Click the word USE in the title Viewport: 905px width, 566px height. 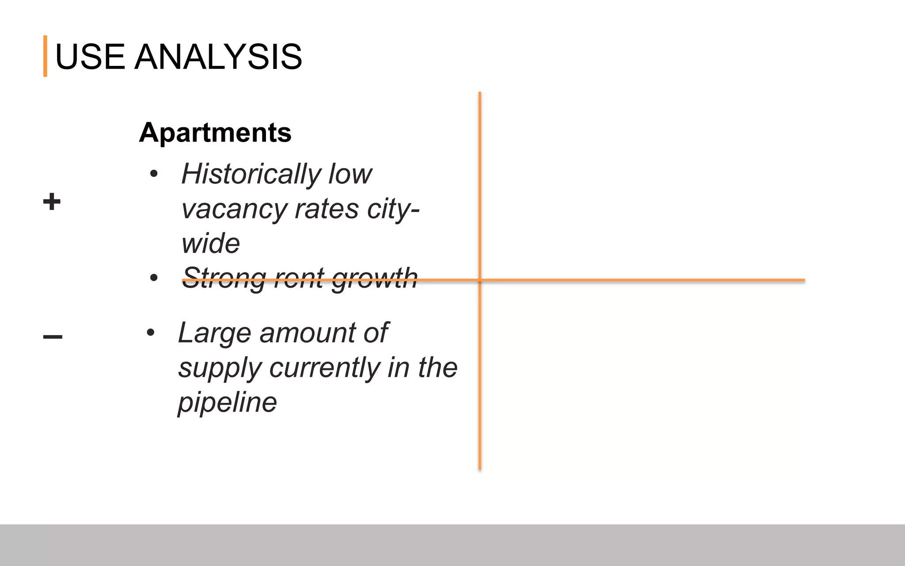point(90,57)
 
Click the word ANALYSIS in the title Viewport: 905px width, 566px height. point(218,57)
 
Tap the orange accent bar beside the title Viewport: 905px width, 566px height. point(45,56)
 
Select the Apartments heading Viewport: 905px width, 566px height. point(215,132)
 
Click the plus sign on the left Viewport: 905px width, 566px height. point(52,202)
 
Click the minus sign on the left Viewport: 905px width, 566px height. point(53,337)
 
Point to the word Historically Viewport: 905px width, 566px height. point(251,174)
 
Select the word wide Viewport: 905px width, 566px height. point(210,243)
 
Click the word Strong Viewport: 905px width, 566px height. point(224,278)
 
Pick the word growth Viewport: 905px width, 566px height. point(374,278)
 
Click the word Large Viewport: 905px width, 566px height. point(215,333)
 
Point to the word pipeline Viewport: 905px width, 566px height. point(227,403)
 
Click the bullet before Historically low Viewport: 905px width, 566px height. point(154,173)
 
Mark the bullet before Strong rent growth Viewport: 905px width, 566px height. point(154,278)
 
